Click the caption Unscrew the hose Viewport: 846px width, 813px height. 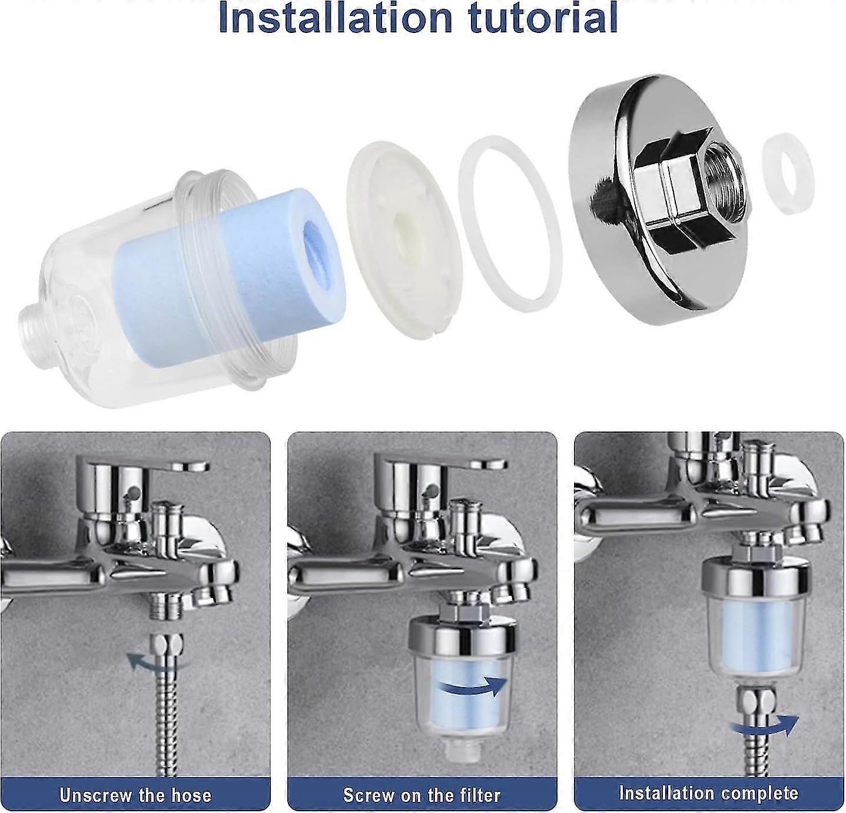[135, 795]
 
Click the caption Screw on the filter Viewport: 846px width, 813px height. [422, 795]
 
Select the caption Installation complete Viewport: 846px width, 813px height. [708, 792]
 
